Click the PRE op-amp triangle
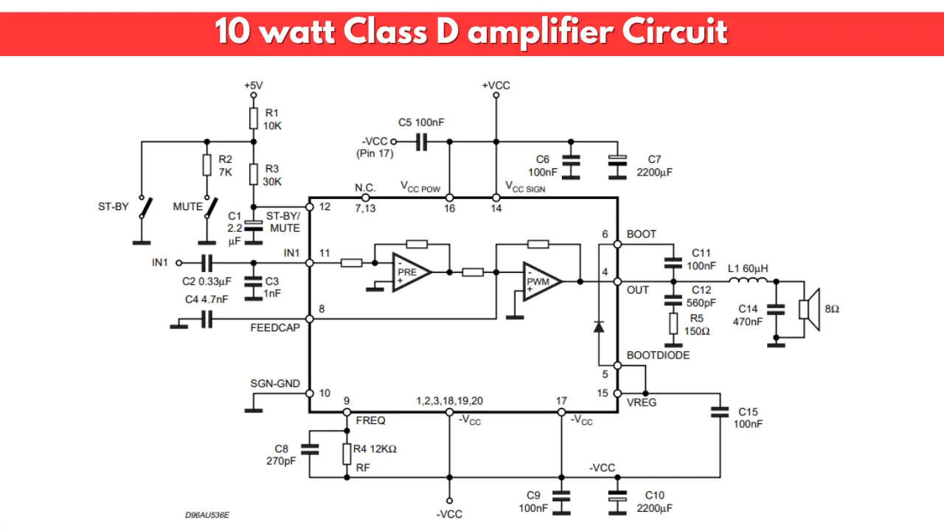click(412, 272)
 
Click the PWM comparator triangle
click(542, 282)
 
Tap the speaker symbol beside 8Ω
click(809, 310)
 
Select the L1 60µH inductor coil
click(748, 280)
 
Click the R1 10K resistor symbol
click(253, 119)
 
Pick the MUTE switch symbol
click(211, 207)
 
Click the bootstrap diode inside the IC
click(598, 327)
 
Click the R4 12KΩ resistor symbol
click(347, 454)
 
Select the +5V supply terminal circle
click(253, 95)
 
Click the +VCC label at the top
click(496, 86)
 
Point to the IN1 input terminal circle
click(178, 263)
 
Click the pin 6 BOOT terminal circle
click(617, 244)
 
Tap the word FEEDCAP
click(275, 328)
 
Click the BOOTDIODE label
click(659, 355)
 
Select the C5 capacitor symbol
click(421, 142)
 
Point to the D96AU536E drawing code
click(207, 515)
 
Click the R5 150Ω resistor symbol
click(673, 324)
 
